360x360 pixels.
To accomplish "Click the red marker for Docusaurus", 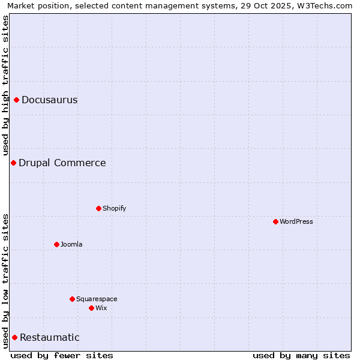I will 17,100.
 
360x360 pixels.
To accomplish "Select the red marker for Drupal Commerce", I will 13,163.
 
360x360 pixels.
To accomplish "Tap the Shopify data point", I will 98,208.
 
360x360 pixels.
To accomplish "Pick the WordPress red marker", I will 275,221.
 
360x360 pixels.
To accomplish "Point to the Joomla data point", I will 56,244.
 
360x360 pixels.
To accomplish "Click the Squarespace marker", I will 72,299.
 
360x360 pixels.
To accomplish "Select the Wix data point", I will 91,308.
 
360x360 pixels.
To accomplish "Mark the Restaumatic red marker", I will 14,337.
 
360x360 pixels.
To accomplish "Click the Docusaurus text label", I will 49,100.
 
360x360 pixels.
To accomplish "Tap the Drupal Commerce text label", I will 62,163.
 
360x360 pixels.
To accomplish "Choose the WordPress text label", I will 296,222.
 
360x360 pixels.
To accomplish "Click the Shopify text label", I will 114,209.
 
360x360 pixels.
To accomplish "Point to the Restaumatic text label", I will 49,338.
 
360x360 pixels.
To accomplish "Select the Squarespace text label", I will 97,299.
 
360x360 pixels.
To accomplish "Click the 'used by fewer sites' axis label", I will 62,355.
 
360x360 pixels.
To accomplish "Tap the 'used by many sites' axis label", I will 301,355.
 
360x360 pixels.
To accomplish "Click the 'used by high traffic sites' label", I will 6,85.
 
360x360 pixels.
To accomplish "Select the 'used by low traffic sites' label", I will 6,281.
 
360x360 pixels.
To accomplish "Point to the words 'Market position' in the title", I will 35,5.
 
